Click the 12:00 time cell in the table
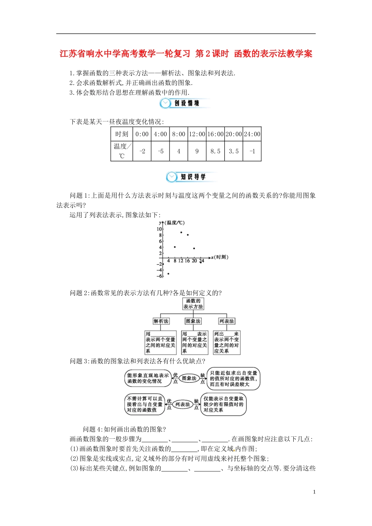click(x=197, y=134)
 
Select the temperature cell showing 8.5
click(x=215, y=151)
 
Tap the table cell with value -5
click(x=161, y=151)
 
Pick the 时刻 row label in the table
click(x=122, y=134)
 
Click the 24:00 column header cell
click(x=252, y=134)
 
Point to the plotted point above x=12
click(x=181, y=232)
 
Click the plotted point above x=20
click(x=194, y=249)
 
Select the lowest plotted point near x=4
click(x=168, y=274)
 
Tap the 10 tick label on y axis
click(x=159, y=229)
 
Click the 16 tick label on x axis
click(x=187, y=261)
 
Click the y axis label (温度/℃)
click(x=175, y=223)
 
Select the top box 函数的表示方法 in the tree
click(x=193, y=304)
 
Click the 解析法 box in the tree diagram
click(x=161, y=321)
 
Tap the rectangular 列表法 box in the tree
click(x=226, y=321)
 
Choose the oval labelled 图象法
click(x=189, y=378)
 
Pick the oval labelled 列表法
click(x=182, y=404)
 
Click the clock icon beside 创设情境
click(x=166, y=103)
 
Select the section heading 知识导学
click(x=193, y=177)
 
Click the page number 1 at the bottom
click(x=314, y=492)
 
